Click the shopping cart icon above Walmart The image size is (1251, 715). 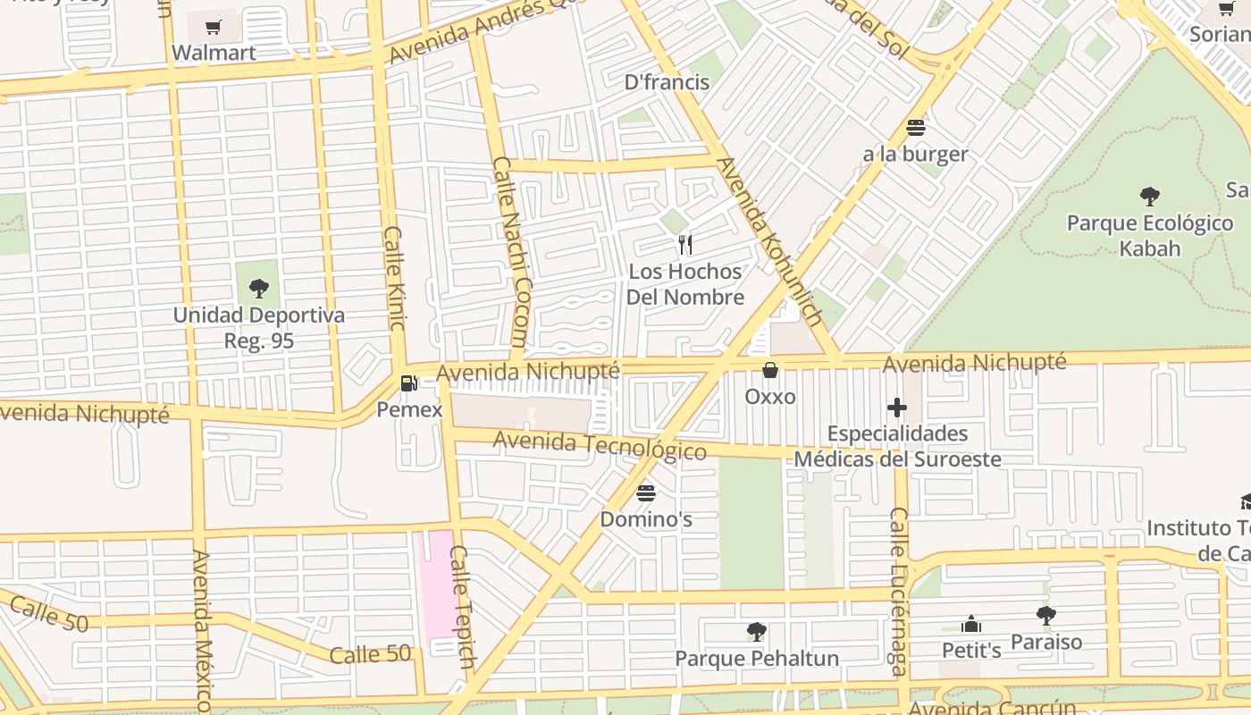(x=213, y=27)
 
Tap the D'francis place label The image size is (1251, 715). (x=667, y=82)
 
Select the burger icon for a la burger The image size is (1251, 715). (x=916, y=127)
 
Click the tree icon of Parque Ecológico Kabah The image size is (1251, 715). (x=1150, y=196)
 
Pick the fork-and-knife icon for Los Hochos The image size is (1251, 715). (x=685, y=244)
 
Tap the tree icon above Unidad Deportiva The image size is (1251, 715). (x=259, y=288)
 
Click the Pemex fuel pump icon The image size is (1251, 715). (x=409, y=383)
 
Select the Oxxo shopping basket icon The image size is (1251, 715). (x=770, y=369)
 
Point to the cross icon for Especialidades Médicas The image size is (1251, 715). (x=897, y=408)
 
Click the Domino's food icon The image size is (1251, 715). (x=646, y=492)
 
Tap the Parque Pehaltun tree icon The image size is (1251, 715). (x=757, y=632)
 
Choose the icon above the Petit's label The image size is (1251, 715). (x=971, y=624)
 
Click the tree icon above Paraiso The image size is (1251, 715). (x=1046, y=615)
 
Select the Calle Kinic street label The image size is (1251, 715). (x=395, y=277)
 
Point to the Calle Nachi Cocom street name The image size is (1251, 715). (x=511, y=253)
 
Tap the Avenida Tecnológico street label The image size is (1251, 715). (x=600, y=444)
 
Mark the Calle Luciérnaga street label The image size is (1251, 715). (x=898, y=592)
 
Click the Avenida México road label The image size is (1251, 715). (x=203, y=630)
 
